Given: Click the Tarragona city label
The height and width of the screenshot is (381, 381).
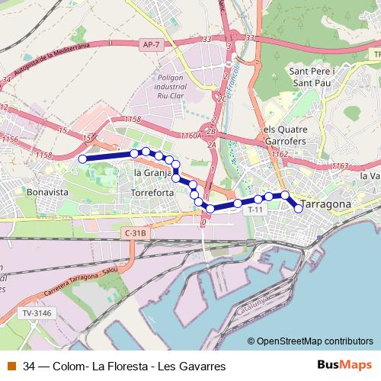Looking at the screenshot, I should point(326,205).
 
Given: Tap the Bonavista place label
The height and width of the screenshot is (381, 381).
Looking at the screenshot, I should point(47,193).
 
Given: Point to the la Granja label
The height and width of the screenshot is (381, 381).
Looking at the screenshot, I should point(152,173).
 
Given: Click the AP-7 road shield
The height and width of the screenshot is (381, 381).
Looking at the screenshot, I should point(151,46).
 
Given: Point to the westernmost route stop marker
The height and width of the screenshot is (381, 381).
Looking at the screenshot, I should point(82,158).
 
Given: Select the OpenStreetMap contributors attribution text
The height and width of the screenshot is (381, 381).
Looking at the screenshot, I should point(314,341).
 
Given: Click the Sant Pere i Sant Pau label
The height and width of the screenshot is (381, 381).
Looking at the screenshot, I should point(309,78).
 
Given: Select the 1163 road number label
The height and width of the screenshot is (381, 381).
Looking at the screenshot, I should point(340,166).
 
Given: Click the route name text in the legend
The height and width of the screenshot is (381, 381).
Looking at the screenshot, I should point(124,367).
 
